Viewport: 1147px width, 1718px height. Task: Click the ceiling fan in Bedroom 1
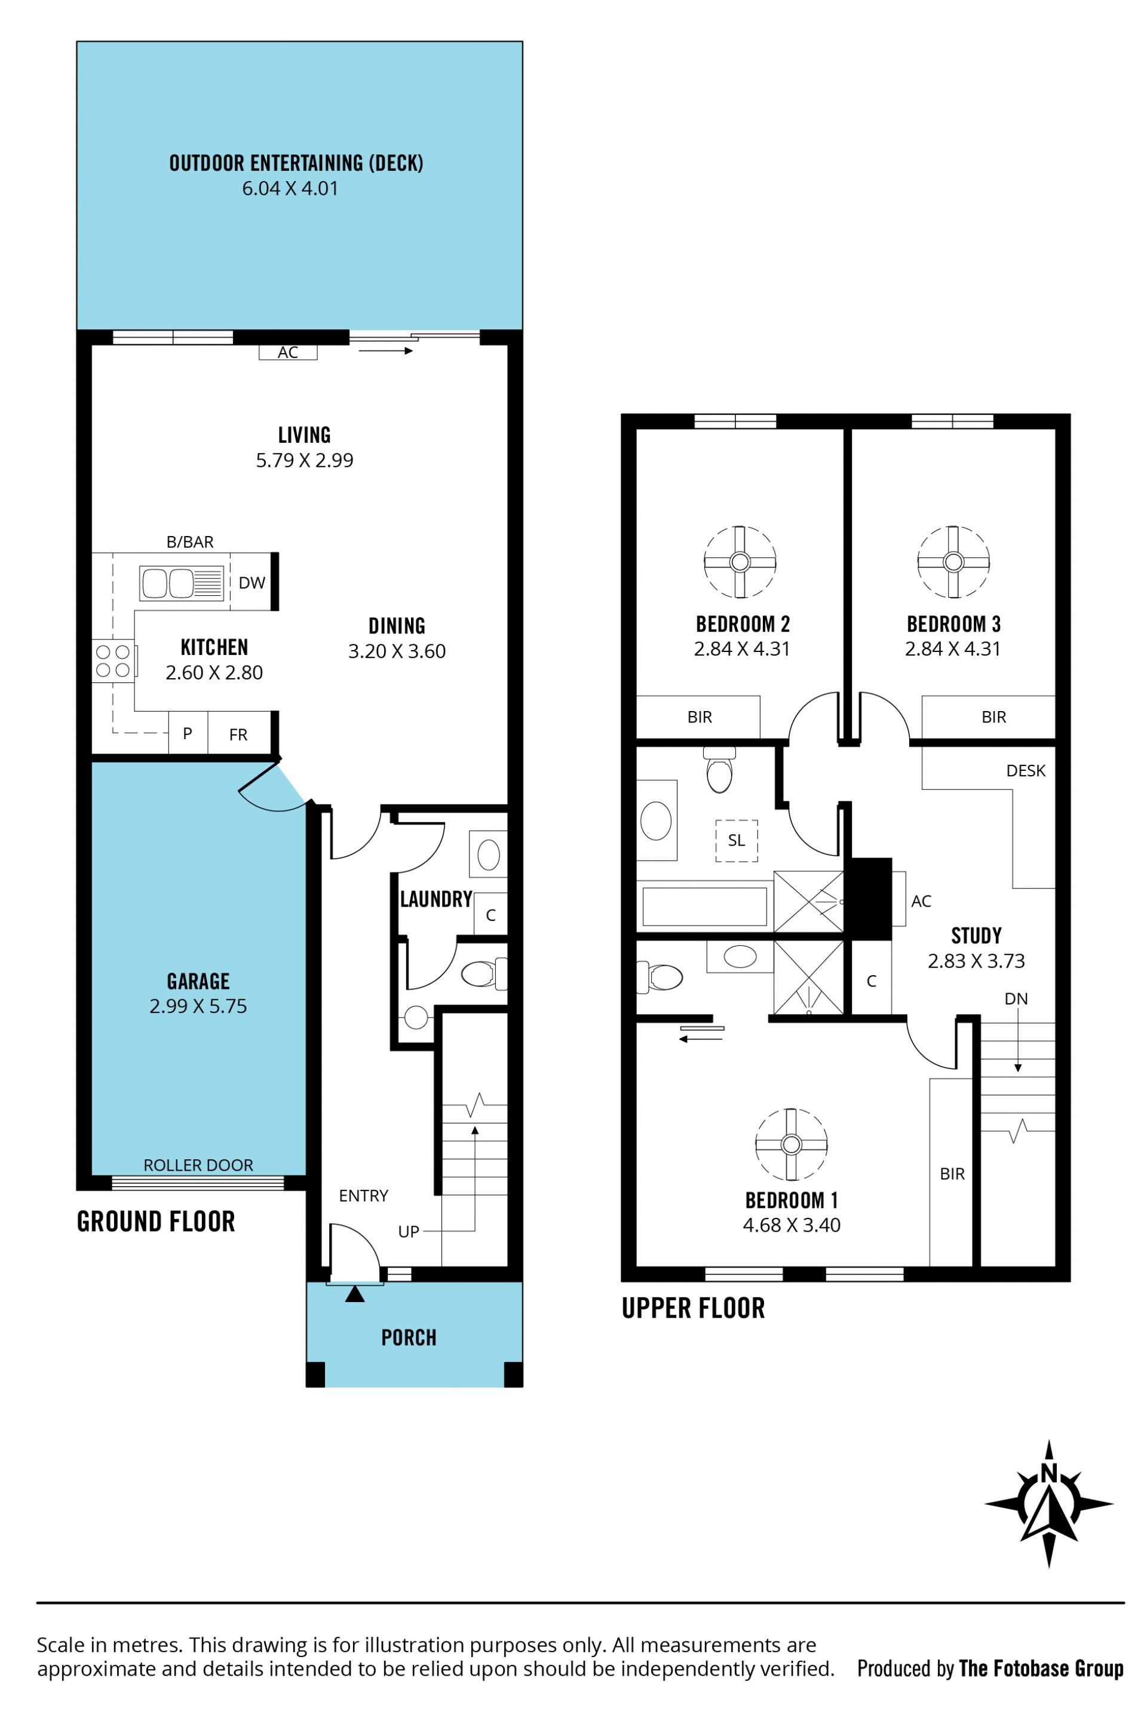click(791, 1144)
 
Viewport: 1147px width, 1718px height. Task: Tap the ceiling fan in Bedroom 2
click(740, 562)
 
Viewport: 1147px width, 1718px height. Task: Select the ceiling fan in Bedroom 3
click(953, 562)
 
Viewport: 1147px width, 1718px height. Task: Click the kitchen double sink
click(182, 583)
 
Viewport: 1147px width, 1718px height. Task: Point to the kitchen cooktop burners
click(114, 661)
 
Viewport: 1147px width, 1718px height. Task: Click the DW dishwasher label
click(252, 583)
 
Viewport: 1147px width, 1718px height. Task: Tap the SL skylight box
click(737, 841)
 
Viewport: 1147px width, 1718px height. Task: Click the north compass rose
click(1049, 1504)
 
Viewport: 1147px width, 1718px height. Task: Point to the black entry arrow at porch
click(355, 1294)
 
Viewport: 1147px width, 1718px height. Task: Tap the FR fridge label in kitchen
click(238, 734)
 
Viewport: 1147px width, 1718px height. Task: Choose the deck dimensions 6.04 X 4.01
click(290, 188)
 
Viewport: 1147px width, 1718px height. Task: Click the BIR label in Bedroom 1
click(952, 1174)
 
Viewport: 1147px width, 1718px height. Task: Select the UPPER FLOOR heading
click(694, 1307)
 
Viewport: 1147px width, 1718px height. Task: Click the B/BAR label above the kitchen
click(190, 542)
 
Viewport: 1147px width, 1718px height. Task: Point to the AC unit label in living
click(288, 353)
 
